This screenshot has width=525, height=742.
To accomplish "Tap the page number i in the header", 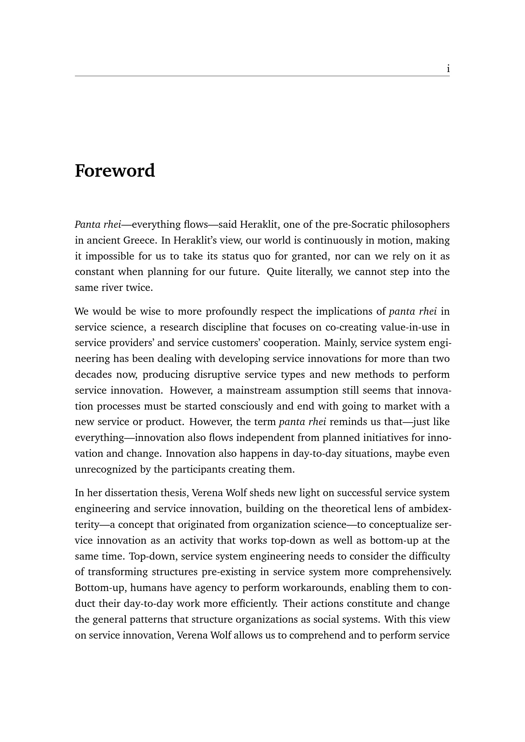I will [448, 69].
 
